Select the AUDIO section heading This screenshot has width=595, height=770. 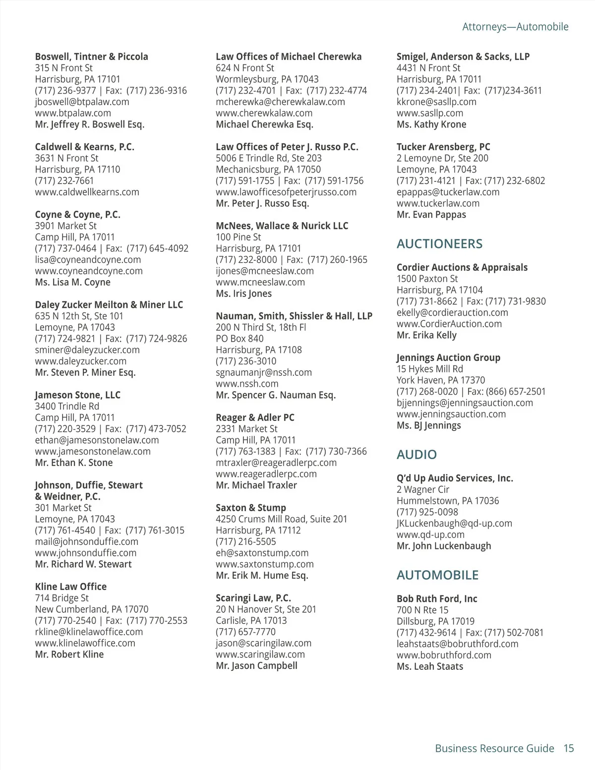[416, 455]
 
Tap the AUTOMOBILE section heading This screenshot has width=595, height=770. [437, 575]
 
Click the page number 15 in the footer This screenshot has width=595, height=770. [568, 748]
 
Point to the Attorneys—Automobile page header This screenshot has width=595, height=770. [515, 27]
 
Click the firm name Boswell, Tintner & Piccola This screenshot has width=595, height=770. [91, 57]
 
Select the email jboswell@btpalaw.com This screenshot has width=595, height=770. [82, 102]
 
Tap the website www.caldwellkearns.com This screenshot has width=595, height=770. [87, 192]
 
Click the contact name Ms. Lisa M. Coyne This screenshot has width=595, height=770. [72, 282]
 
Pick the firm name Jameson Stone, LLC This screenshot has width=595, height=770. [77, 395]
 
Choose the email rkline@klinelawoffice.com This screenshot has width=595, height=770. [89, 632]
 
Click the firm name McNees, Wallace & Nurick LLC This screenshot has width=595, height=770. [282, 226]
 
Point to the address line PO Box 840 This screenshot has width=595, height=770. [239, 339]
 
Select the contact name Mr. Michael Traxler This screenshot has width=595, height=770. [256, 485]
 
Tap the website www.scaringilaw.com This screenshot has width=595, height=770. [260, 654]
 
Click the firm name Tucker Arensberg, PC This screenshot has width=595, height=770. [443, 147]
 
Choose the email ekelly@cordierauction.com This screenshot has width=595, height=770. [452, 312]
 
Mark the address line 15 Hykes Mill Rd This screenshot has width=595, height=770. [429, 369]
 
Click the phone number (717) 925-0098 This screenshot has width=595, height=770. [427, 512]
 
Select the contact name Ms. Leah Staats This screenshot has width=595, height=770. [429, 666]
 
